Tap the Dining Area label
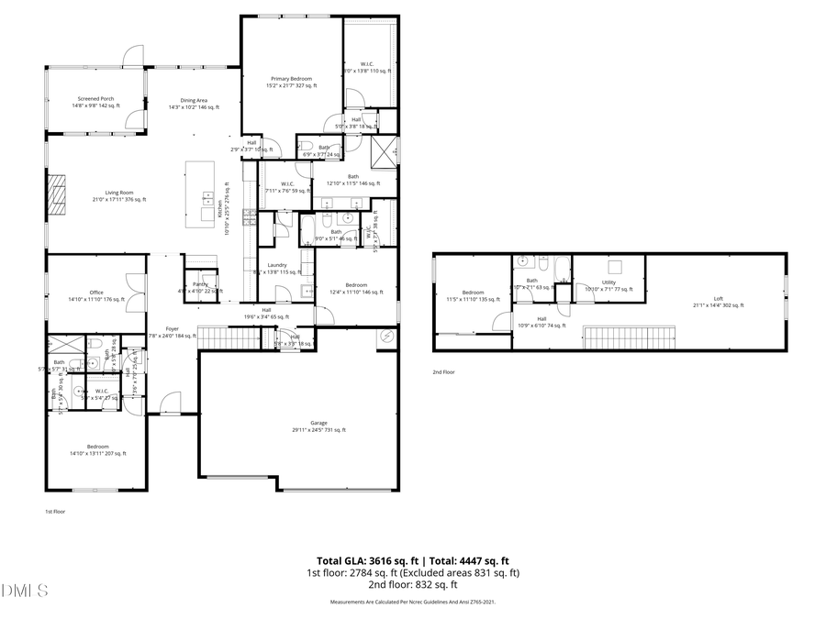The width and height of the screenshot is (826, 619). click(x=193, y=104)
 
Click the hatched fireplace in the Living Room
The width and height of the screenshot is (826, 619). click(x=58, y=194)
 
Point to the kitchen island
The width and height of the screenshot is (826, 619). click(x=200, y=194)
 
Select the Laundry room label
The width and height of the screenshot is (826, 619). click(x=277, y=268)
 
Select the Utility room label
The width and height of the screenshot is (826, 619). click(x=608, y=284)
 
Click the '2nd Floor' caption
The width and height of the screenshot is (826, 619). click(x=443, y=372)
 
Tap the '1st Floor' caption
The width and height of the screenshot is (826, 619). click(x=56, y=512)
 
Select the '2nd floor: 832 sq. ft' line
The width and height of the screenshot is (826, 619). click(x=413, y=584)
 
